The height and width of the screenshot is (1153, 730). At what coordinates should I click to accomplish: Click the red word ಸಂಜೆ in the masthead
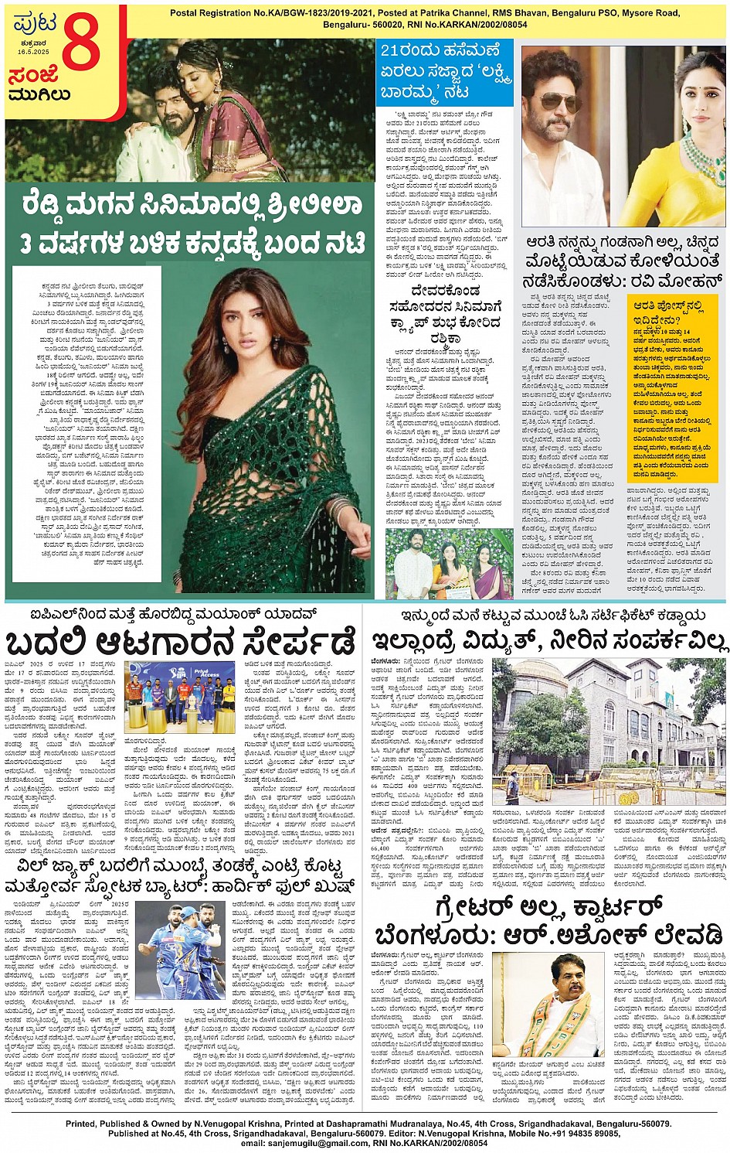pos(35,76)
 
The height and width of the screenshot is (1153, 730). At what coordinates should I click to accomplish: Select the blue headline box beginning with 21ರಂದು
pos(444,72)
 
